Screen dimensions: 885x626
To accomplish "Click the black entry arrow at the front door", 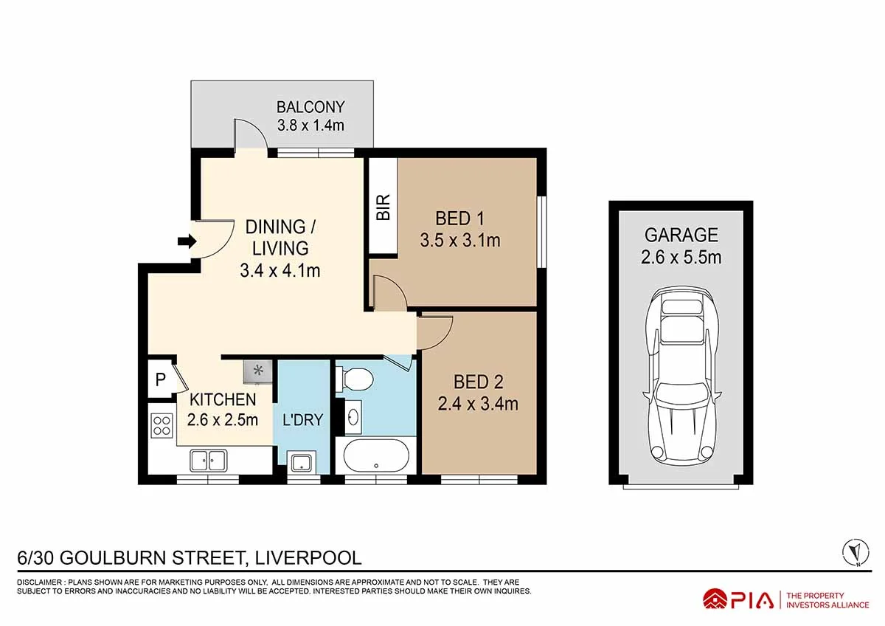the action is click(187, 241).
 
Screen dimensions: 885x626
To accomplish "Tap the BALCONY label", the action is click(310, 107).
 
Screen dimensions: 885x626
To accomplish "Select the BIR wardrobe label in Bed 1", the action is click(383, 207).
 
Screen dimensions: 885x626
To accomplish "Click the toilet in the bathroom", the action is click(355, 379).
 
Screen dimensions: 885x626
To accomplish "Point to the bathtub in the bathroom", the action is click(375, 455).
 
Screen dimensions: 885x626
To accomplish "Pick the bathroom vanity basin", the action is click(353, 416).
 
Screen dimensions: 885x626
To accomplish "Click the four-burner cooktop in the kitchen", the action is click(162, 425).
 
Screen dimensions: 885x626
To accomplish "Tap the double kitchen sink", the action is click(208, 461).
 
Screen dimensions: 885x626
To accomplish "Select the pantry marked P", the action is click(161, 379).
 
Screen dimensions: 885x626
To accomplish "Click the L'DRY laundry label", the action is click(303, 419).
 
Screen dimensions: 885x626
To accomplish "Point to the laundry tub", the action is click(302, 462).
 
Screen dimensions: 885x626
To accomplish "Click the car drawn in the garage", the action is click(681, 376).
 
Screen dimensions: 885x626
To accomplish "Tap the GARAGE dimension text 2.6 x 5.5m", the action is click(681, 258).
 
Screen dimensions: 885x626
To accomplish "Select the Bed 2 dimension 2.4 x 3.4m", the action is click(478, 404).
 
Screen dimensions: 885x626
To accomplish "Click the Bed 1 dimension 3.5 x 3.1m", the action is click(460, 241).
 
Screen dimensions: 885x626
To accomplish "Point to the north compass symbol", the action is click(856, 553).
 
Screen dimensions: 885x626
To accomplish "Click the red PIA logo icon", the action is click(715, 599).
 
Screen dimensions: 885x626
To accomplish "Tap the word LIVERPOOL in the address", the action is click(308, 558).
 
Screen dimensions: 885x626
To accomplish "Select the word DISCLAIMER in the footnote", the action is click(40, 582).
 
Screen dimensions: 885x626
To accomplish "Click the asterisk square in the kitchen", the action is click(257, 371).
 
